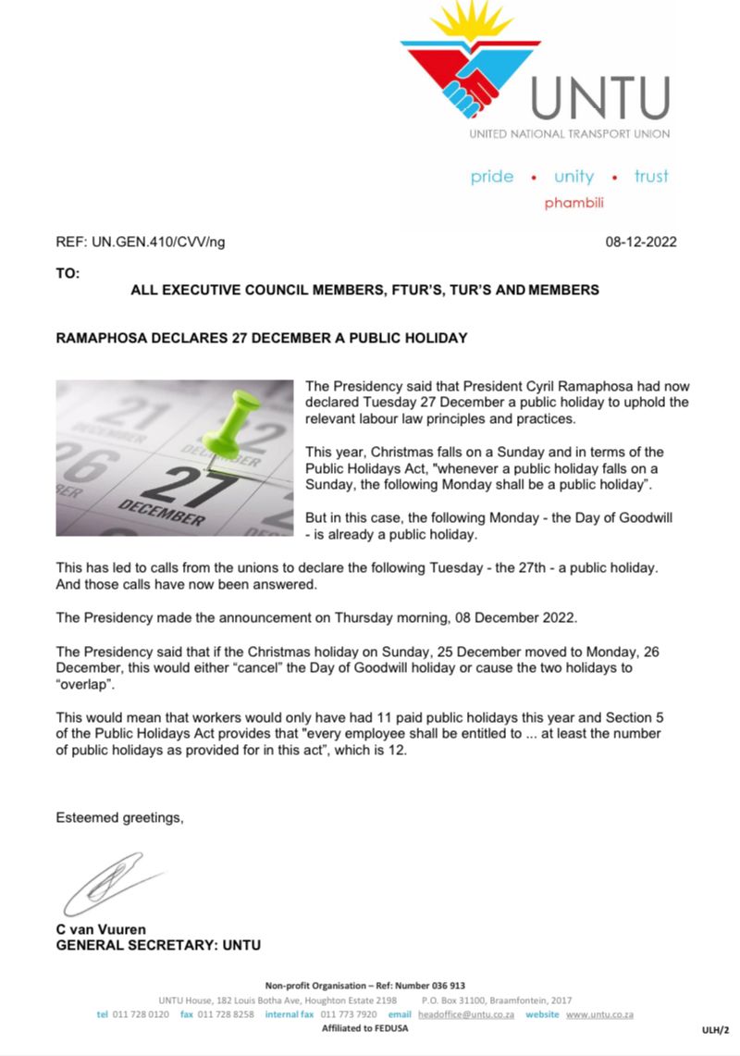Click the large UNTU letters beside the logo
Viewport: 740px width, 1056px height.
click(598, 98)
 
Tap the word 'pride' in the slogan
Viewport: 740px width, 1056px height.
click(491, 176)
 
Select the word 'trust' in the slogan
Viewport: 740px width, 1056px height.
click(650, 176)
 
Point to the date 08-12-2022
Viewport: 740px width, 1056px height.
click(641, 242)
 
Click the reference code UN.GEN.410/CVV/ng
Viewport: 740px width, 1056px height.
click(157, 242)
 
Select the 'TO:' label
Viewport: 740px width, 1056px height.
click(68, 274)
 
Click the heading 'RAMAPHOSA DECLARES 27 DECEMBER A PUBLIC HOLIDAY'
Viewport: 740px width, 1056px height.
click(262, 338)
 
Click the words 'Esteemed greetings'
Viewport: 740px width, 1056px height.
click(119, 818)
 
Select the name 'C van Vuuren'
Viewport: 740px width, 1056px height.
click(101, 929)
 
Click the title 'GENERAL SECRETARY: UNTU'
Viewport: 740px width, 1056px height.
click(158, 945)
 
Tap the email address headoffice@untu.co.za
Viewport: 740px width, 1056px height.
click(466, 1014)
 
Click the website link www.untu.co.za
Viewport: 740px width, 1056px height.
click(599, 1014)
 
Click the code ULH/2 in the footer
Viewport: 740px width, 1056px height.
click(715, 1029)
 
